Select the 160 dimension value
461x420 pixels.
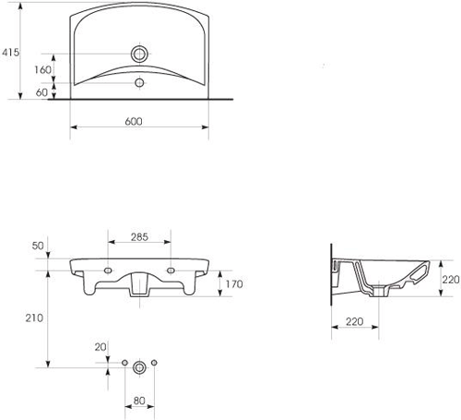click(43, 68)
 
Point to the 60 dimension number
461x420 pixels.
click(43, 91)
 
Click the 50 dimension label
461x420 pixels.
click(38, 246)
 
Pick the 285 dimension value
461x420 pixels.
click(139, 237)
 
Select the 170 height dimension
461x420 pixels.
click(233, 284)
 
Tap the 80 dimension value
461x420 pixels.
click(139, 402)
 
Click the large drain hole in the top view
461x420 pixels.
click(139, 52)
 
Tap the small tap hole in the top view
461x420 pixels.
click(139, 84)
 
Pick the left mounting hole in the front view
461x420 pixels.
click(109, 270)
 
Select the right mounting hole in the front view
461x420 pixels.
click(171, 270)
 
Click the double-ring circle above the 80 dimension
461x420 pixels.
click(139, 366)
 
